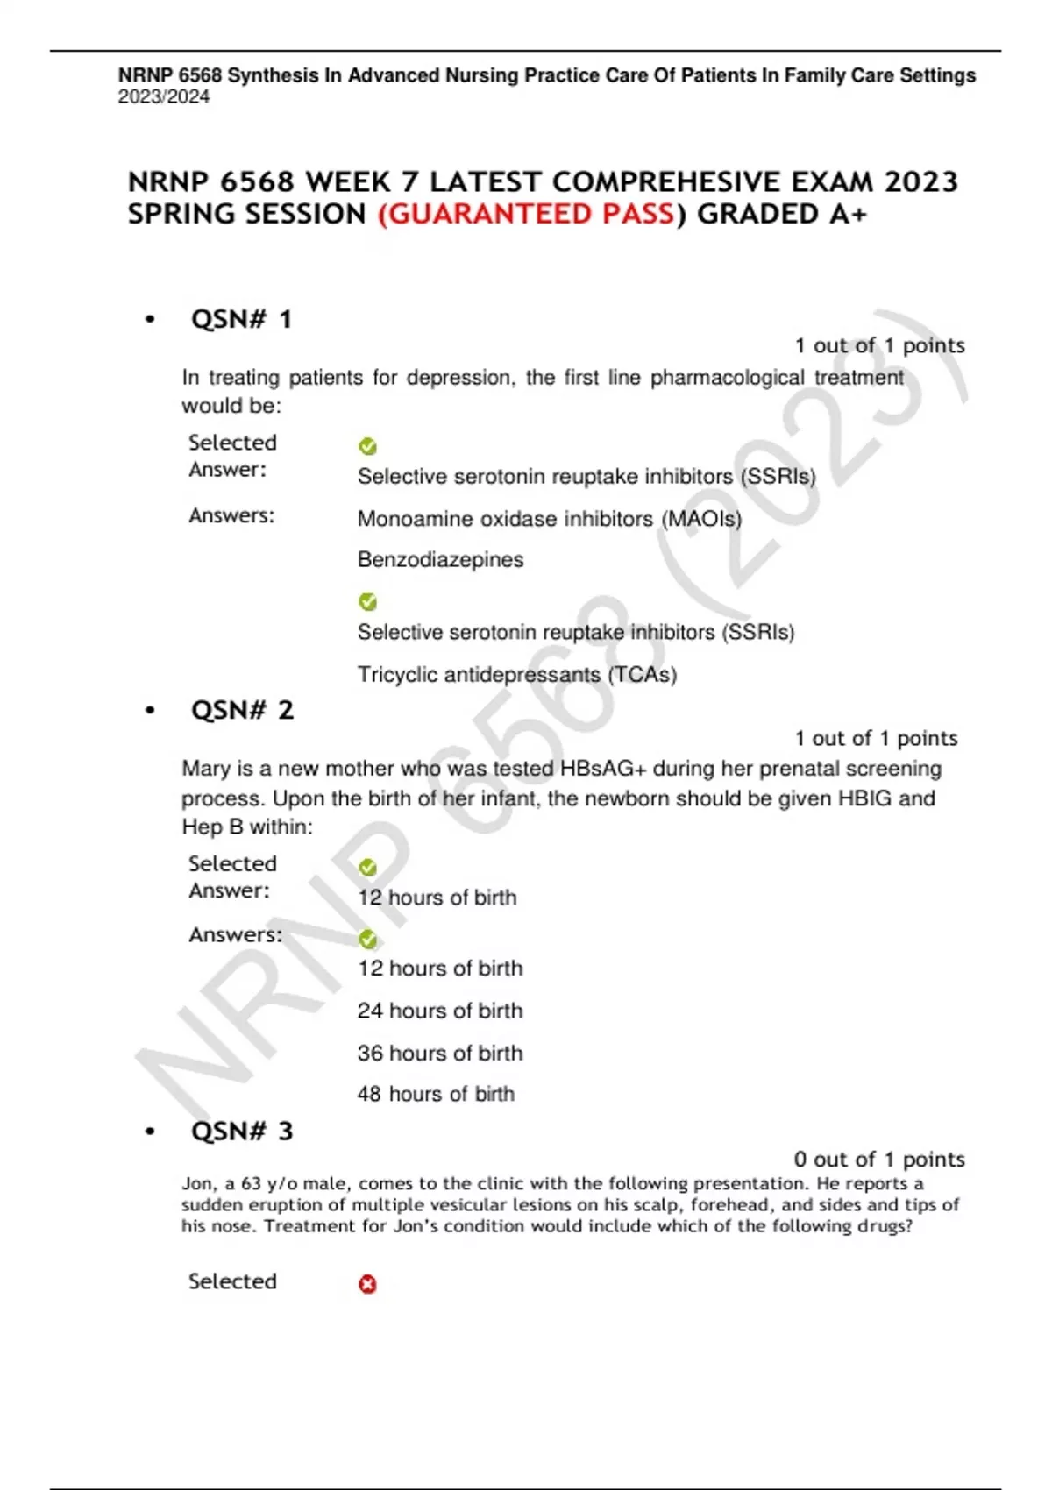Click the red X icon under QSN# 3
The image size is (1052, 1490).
click(x=368, y=1284)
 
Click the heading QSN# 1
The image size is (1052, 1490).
click(x=241, y=319)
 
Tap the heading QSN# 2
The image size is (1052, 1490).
click(x=242, y=710)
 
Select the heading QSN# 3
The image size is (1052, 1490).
click(x=242, y=1132)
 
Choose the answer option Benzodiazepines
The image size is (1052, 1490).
click(x=440, y=559)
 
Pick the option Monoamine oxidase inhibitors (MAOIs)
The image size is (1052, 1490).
click(x=549, y=519)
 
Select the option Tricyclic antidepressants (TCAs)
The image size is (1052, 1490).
click(x=516, y=674)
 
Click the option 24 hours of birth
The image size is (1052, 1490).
click(x=439, y=1011)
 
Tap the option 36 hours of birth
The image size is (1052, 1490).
click(x=439, y=1053)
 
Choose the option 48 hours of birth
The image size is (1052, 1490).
click(x=436, y=1094)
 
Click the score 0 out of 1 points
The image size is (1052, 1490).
click(x=878, y=1160)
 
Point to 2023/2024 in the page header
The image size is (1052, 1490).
click(x=164, y=96)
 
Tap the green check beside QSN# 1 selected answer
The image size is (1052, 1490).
click(x=368, y=447)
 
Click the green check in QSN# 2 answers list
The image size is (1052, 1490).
click(x=368, y=940)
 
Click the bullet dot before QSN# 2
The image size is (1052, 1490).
click(x=150, y=711)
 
